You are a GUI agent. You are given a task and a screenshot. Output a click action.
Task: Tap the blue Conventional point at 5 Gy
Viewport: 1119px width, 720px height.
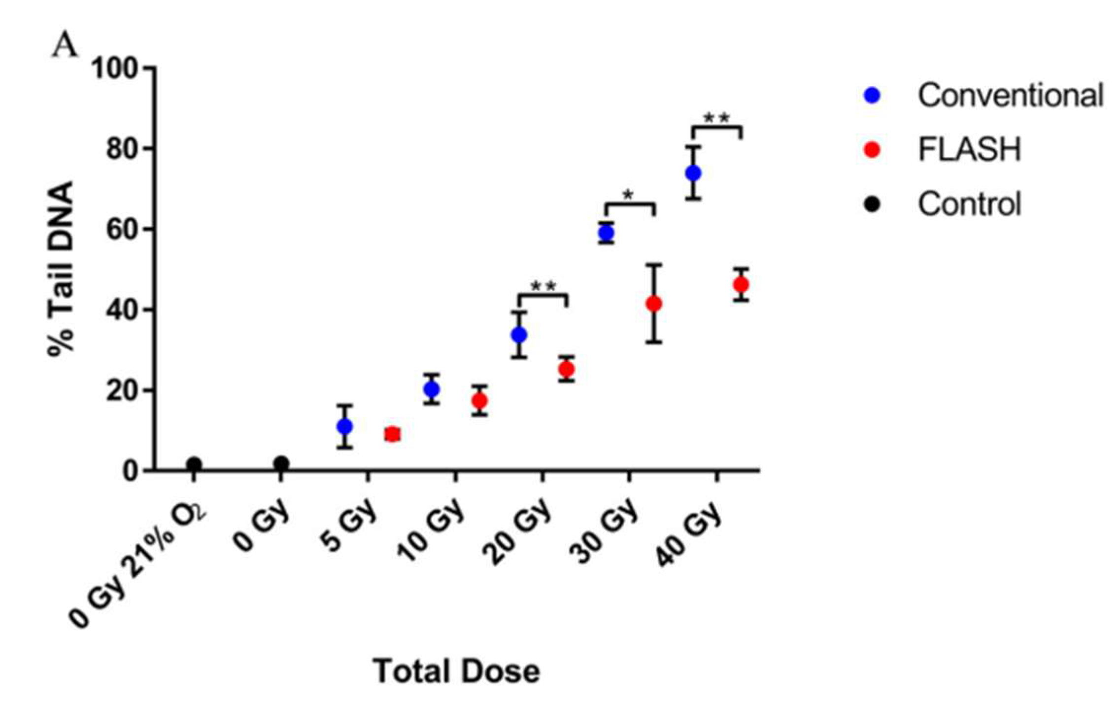click(344, 426)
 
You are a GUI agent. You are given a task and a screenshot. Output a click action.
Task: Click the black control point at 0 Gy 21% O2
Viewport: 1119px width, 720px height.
click(194, 464)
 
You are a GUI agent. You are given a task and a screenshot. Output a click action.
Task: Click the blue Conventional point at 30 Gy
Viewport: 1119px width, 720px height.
click(606, 232)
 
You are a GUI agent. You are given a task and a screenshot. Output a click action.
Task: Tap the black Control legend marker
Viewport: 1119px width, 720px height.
click(872, 204)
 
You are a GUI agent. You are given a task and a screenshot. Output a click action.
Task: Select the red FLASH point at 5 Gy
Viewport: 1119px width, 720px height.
click(392, 434)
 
